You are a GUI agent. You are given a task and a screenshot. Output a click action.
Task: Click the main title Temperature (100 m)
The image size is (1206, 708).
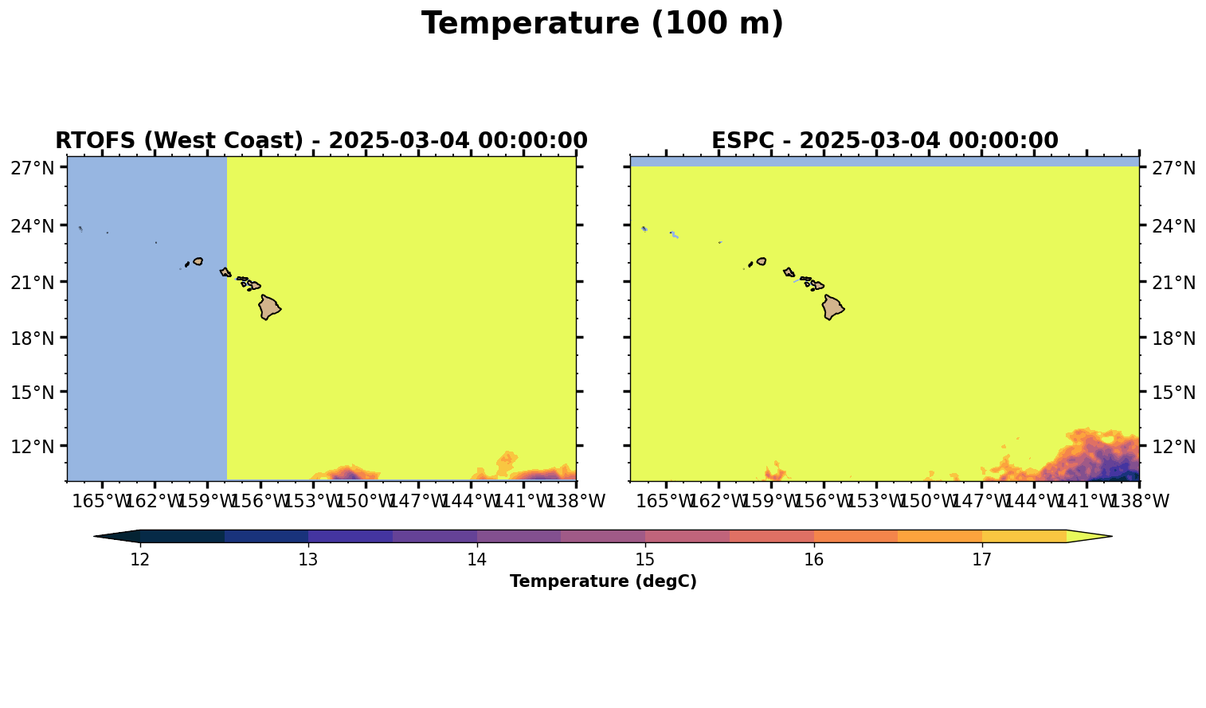coord(602,24)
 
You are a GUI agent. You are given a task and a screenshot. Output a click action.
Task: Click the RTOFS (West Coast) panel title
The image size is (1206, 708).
coord(322,140)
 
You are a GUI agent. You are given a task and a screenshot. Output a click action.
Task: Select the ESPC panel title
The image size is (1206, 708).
coord(885,140)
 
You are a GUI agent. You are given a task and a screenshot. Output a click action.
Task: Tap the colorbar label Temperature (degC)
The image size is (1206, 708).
coord(603,581)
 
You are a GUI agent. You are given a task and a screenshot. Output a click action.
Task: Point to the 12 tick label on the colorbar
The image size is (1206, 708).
coord(140,560)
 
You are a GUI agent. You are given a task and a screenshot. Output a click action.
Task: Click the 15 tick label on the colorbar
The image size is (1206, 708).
coord(645,560)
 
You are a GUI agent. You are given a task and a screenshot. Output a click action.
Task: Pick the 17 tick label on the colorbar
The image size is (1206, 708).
coord(981,560)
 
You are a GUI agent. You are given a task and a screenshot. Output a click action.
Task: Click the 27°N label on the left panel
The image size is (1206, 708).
coord(33,168)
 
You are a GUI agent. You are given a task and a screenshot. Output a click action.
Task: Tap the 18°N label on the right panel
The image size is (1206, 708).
coord(1173,338)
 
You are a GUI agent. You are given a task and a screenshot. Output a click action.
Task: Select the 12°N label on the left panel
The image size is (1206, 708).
coord(33,446)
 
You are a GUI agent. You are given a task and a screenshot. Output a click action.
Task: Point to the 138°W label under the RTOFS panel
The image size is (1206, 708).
coord(576,501)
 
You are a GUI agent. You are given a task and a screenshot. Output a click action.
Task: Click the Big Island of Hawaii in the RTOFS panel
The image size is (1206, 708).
coord(268,307)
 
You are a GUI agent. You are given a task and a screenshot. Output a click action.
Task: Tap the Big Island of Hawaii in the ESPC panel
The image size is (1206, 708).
coord(832,307)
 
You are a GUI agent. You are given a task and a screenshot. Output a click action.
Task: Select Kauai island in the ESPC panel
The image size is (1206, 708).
coord(762,262)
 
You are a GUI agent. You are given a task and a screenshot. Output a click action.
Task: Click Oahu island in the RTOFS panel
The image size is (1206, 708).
coord(225,272)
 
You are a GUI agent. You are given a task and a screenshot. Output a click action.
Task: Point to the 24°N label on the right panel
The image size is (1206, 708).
coord(1173,226)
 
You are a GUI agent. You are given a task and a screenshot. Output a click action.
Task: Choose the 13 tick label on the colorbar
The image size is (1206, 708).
coord(308,560)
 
